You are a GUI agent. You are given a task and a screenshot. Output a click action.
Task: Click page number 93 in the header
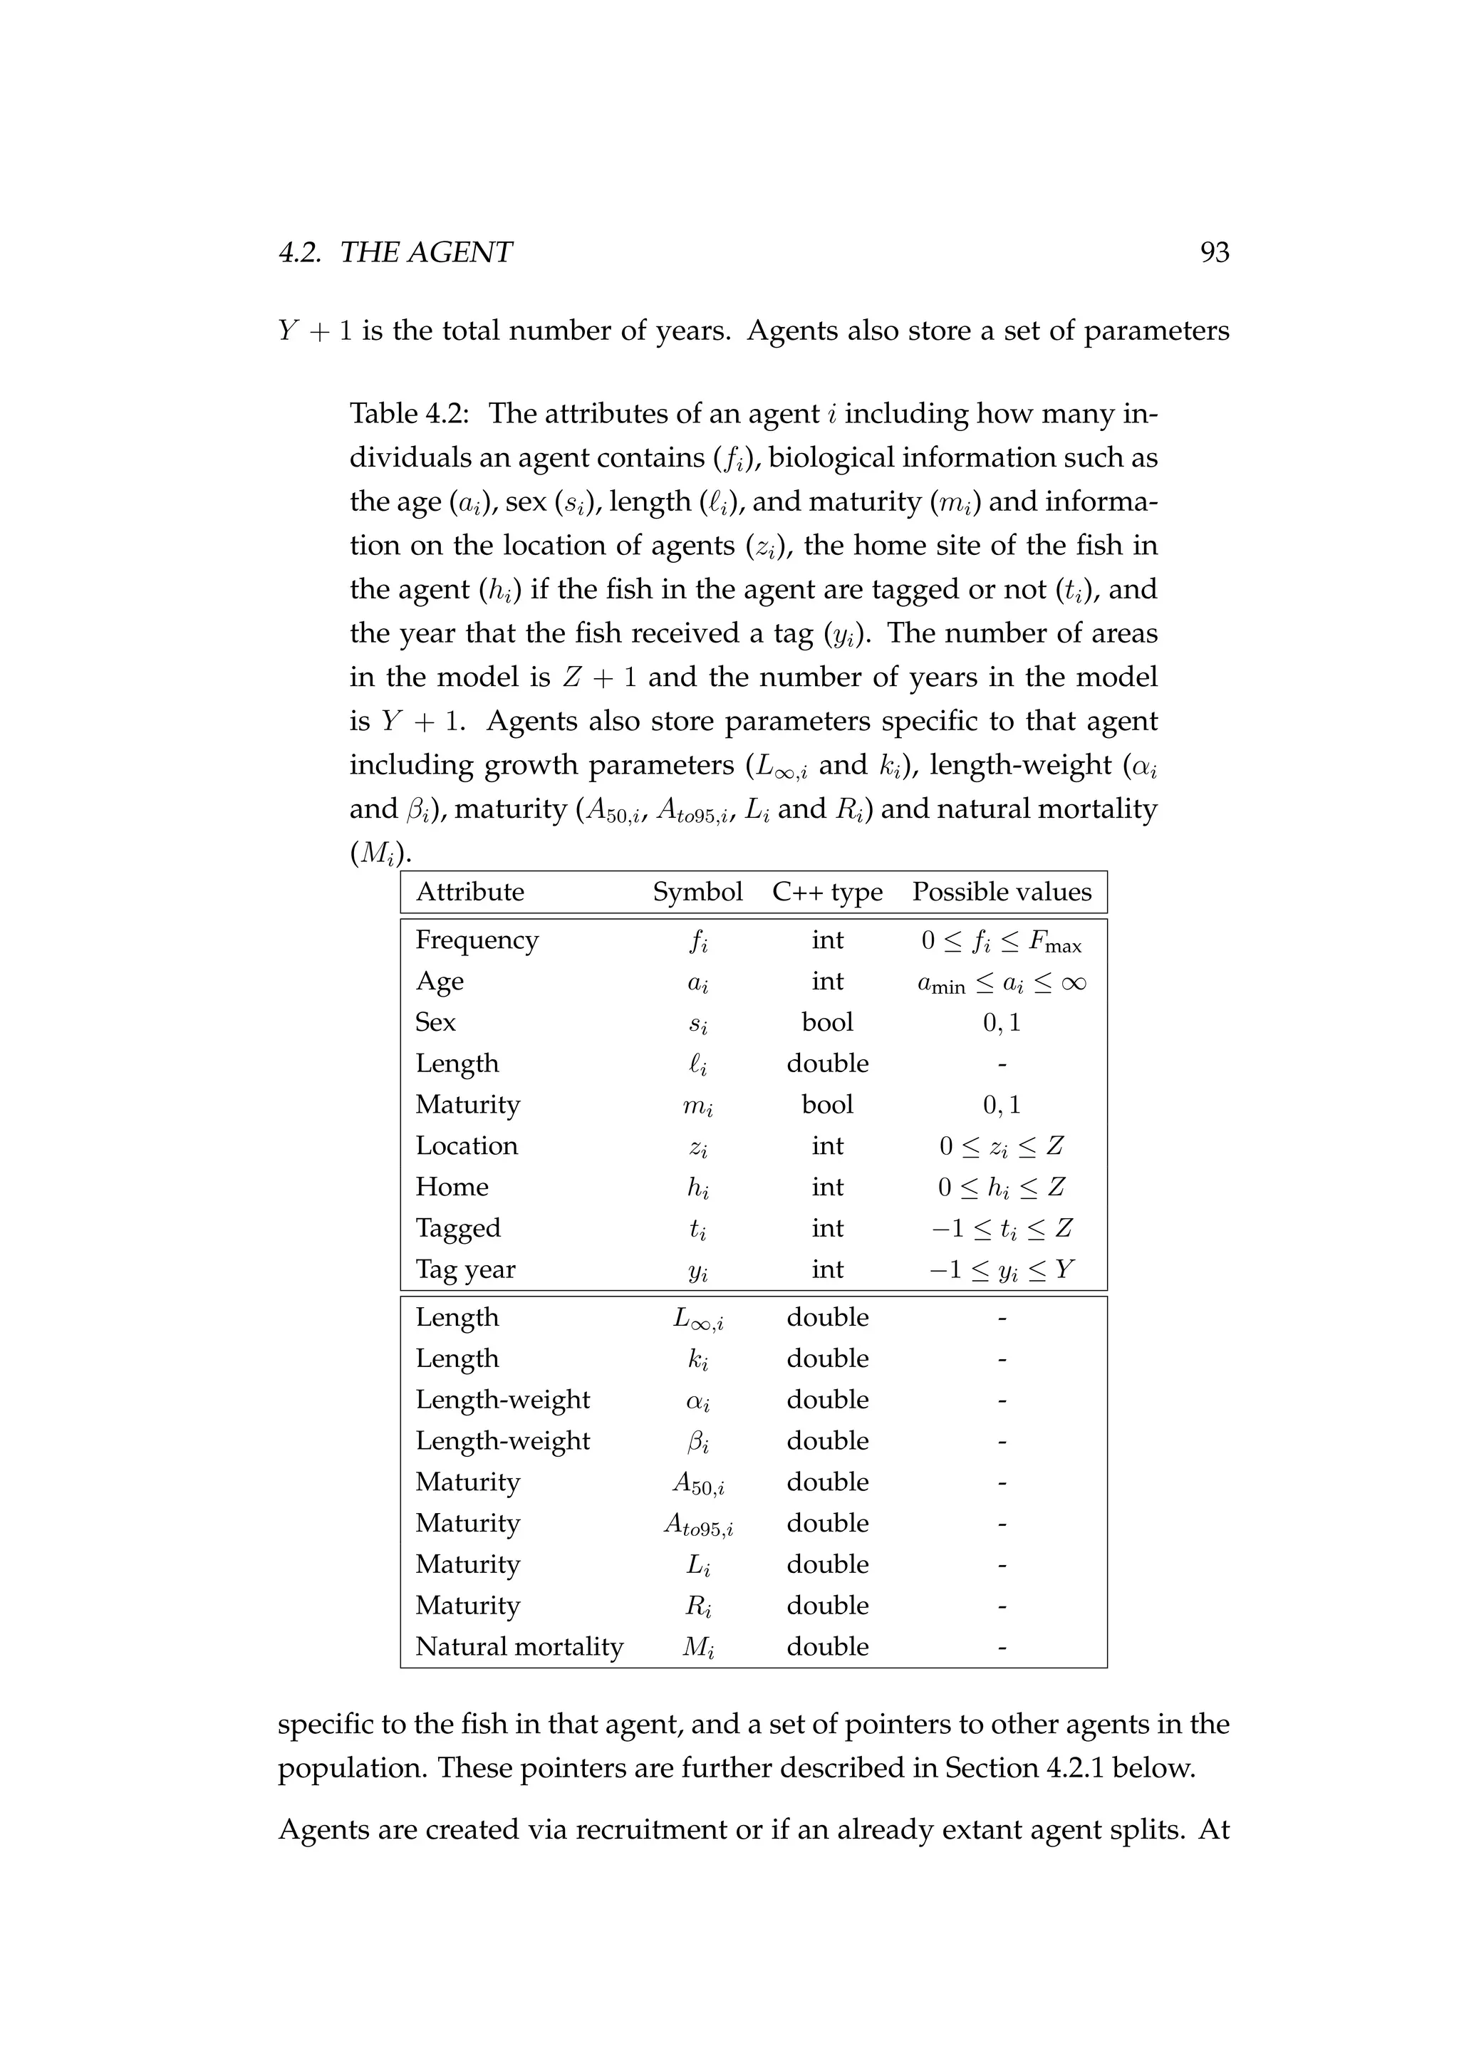point(1214,252)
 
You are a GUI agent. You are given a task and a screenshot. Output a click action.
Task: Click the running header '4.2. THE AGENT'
point(395,252)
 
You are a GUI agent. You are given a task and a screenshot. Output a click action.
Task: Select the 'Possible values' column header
point(1002,892)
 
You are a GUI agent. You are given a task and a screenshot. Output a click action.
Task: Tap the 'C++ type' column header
point(827,892)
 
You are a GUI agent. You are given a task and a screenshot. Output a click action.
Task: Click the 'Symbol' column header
point(697,892)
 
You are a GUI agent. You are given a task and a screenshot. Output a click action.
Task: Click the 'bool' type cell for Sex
point(827,1022)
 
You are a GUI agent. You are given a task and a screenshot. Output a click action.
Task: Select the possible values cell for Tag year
point(1002,1269)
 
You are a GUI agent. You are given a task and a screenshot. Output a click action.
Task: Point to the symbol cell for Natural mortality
point(698,1647)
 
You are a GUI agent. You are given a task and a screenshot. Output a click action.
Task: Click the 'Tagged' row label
point(458,1228)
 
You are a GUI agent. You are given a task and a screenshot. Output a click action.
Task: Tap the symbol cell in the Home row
point(698,1188)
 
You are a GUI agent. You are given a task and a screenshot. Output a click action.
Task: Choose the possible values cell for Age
point(1002,982)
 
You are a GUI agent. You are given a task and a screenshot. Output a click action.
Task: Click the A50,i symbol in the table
point(698,1483)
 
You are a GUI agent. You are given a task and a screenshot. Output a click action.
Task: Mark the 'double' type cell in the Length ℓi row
point(827,1064)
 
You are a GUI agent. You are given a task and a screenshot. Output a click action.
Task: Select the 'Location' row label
point(467,1146)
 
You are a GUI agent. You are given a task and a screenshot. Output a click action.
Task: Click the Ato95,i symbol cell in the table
point(698,1524)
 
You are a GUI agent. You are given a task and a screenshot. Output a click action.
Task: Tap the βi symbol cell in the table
point(698,1442)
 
